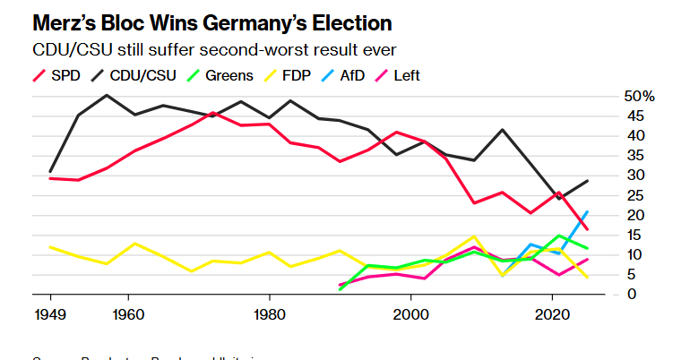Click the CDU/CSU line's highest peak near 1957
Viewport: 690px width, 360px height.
point(108,95)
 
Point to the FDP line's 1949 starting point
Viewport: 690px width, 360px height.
point(50,246)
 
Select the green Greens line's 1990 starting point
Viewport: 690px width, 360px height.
point(340,289)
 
